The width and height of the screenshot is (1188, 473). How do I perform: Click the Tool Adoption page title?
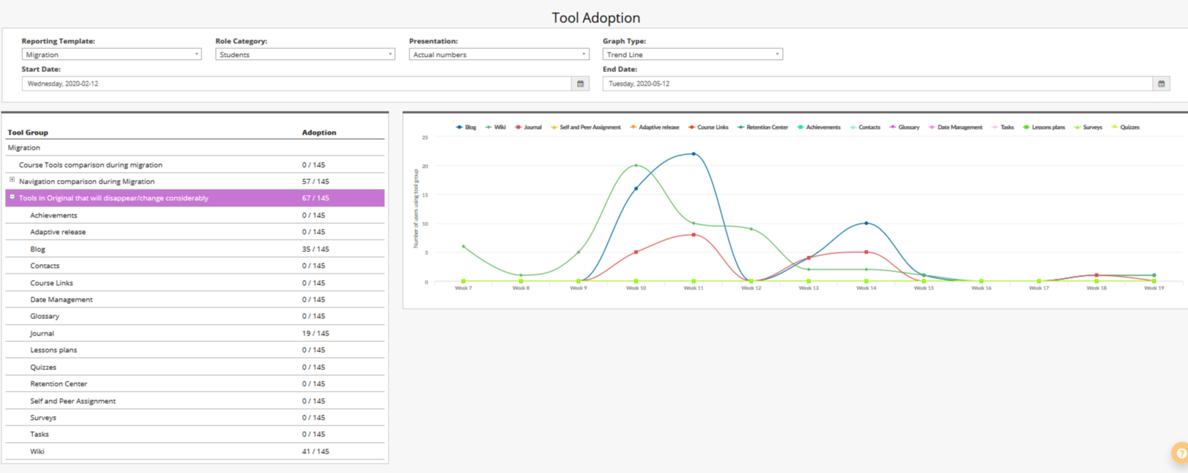[595, 17]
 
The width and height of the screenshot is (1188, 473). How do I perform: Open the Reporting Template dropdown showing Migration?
[112, 55]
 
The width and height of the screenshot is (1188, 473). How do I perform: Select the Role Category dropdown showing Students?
[305, 55]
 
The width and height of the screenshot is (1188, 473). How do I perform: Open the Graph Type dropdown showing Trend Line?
[692, 55]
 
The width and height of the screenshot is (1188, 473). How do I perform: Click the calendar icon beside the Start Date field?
[581, 84]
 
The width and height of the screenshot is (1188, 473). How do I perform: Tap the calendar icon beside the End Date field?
[1161, 84]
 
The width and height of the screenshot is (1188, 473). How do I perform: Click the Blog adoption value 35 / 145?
[315, 249]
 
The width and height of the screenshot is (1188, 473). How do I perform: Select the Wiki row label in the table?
[37, 451]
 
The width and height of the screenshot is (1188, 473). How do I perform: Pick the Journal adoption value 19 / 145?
[315, 333]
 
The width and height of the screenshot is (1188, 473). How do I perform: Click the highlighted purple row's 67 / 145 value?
[315, 198]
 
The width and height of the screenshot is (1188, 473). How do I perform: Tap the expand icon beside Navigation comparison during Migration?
[12, 180]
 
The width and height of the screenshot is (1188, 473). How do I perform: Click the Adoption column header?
[319, 132]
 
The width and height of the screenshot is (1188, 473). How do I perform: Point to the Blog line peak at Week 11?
[694, 153]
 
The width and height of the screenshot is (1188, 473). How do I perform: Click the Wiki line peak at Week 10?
[636, 166]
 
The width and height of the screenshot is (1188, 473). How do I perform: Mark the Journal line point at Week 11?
[694, 235]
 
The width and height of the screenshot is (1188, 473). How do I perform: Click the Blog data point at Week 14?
[866, 223]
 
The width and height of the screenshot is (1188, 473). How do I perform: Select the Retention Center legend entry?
[766, 127]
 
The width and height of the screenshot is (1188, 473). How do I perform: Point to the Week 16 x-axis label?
[981, 288]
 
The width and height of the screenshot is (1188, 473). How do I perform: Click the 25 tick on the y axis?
[425, 137]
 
